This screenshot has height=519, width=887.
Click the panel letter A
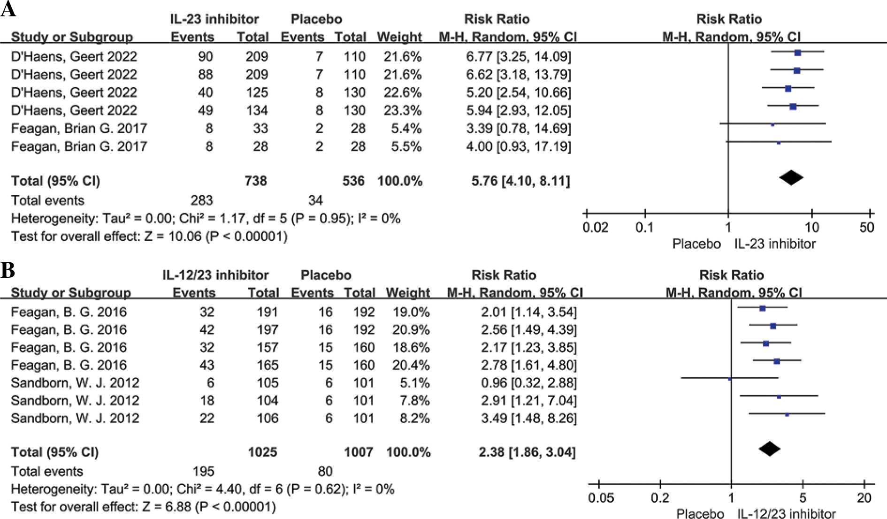8,9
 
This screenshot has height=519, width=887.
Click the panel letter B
8,271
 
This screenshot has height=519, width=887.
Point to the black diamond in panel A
791,177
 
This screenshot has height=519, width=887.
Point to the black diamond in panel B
769,449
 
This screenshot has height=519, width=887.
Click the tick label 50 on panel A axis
866,228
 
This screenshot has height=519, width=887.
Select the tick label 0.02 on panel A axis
595,228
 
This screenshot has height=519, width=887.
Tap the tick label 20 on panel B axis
864,498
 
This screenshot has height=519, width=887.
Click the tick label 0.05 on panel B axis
601,498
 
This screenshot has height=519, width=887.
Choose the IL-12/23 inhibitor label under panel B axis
787,514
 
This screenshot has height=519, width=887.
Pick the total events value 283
202,200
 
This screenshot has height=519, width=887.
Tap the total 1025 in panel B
262,452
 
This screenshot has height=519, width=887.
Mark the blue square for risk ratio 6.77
797,53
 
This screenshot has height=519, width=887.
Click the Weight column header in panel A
399,37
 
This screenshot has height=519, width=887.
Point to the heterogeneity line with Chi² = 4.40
202,489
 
